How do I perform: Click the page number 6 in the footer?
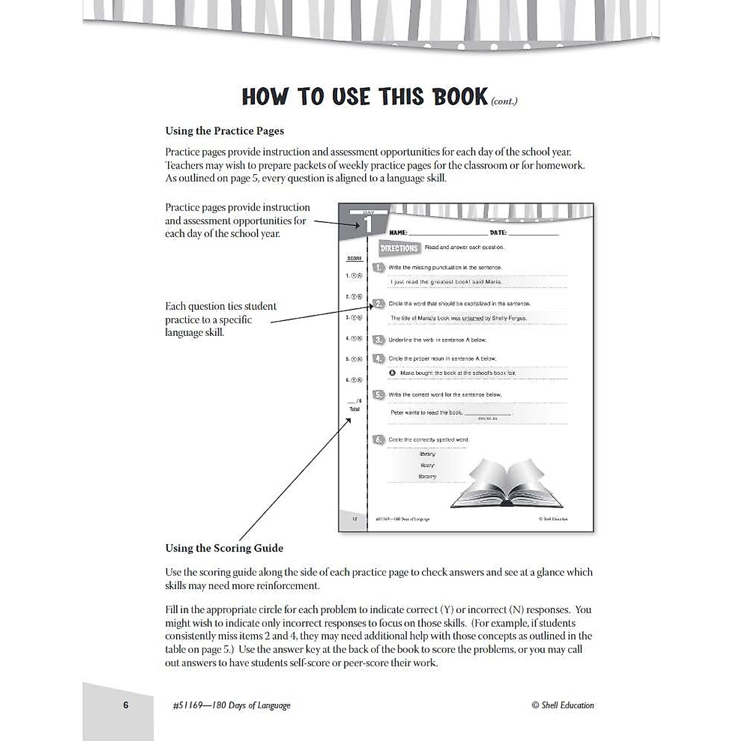tap(126, 705)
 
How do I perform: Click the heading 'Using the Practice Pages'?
tap(225, 131)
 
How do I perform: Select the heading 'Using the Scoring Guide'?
tap(224, 548)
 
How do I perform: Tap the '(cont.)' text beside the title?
tap(504, 101)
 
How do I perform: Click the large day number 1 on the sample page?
tap(369, 224)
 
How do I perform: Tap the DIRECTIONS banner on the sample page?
tap(399, 248)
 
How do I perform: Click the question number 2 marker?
tap(379, 304)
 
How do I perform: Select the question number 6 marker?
tap(379, 440)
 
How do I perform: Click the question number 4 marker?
tap(379, 358)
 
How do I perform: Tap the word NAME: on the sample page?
tap(398, 233)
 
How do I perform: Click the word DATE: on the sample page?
tap(498, 233)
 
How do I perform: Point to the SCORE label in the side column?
tap(354, 259)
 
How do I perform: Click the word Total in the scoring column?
tap(354, 409)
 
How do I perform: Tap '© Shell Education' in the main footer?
tap(563, 705)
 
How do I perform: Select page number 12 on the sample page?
tap(354, 519)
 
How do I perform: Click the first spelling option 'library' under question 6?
tap(427, 454)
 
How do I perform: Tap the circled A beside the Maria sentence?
tap(392, 373)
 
